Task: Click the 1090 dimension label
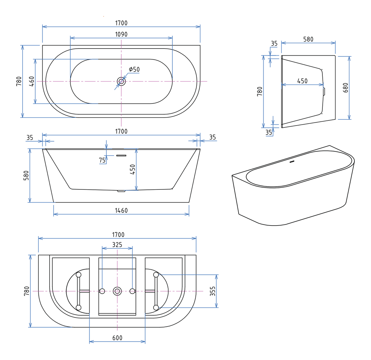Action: pyautogui.click(x=121, y=34)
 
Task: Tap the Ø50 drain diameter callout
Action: pyautogui.click(x=134, y=69)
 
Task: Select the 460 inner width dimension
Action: pyautogui.click(x=31, y=81)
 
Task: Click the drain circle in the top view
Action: pyautogui.click(x=122, y=81)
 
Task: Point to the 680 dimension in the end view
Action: pyautogui.click(x=345, y=88)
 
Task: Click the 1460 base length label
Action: pyautogui.click(x=121, y=211)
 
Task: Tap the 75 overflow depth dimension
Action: pyautogui.click(x=102, y=160)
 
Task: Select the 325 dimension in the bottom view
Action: pyautogui.click(x=117, y=245)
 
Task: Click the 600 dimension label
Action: pyautogui.click(x=117, y=338)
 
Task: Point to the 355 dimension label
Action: pyautogui.click(x=212, y=291)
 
